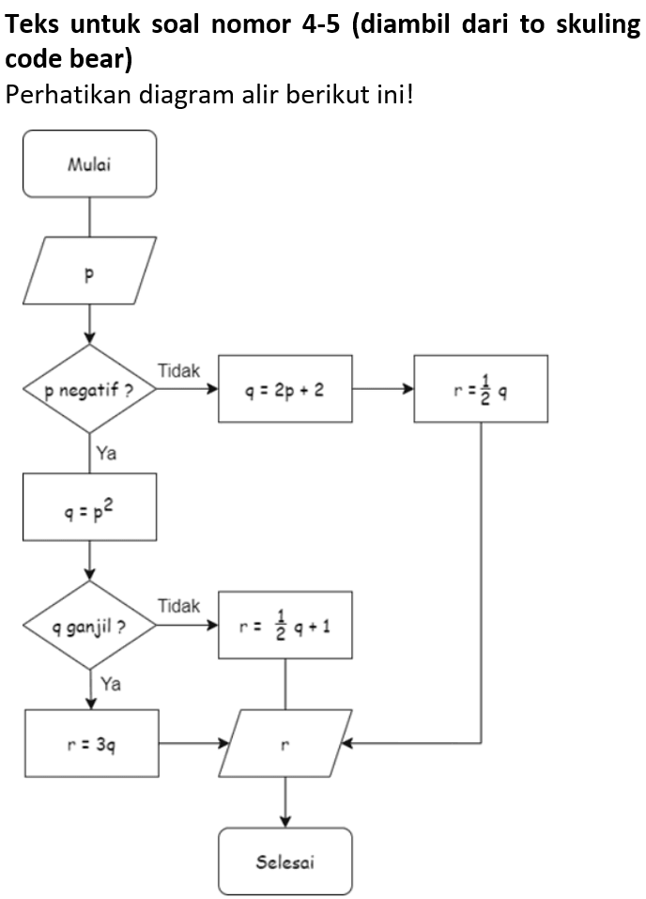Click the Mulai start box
pyautogui.click(x=89, y=164)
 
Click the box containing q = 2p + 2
pyautogui.click(x=285, y=389)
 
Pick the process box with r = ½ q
pyautogui.click(x=480, y=389)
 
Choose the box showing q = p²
pyautogui.click(x=89, y=507)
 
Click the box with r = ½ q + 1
pyautogui.click(x=285, y=625)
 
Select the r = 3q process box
pyautogui.click(x=91, y=743)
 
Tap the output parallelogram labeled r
pyautogui.click(x=285, y=743)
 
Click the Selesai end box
pyautogui.click(x=285, y=860)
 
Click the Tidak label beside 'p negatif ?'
pyautogui.click(x=178, y=371)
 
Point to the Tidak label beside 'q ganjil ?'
pyautogui.click(x=178, y=606)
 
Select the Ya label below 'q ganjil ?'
pyautogui.click(x=110, y=684)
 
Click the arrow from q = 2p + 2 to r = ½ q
pyautogui.click(x=383, y=389)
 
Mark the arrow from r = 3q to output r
pyautogui.click(x=193, y=743)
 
